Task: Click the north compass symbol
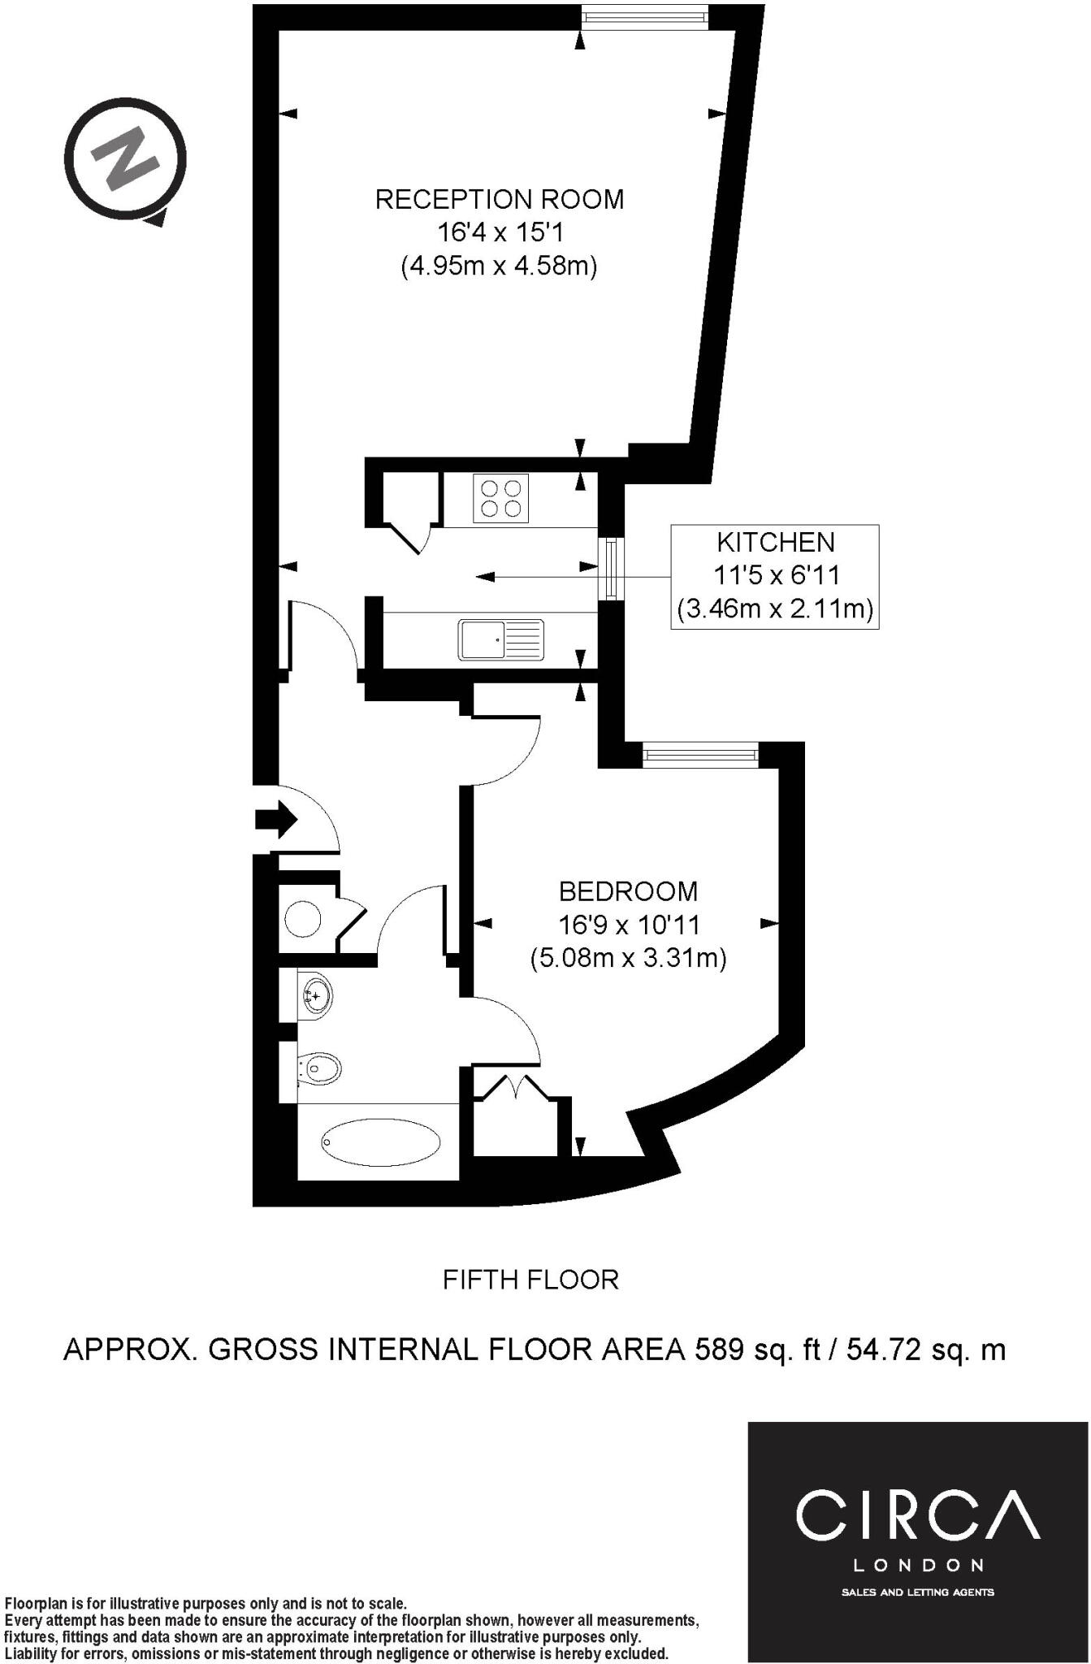[126, 159]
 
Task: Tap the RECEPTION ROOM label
[500, 199]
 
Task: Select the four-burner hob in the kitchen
[500, 498]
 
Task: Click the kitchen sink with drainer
[501, 639]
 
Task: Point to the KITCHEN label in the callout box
[776, 542]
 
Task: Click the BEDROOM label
[628, 891]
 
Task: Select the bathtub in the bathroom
[381, 1142]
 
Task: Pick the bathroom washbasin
[317, 993]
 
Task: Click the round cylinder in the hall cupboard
[303, 920]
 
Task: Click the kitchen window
[610, 569]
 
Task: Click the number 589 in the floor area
[718, 1349]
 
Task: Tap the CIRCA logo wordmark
[918, 1514]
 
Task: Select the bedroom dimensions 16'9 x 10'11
[628, 925]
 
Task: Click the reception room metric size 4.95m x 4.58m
[500, 266]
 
